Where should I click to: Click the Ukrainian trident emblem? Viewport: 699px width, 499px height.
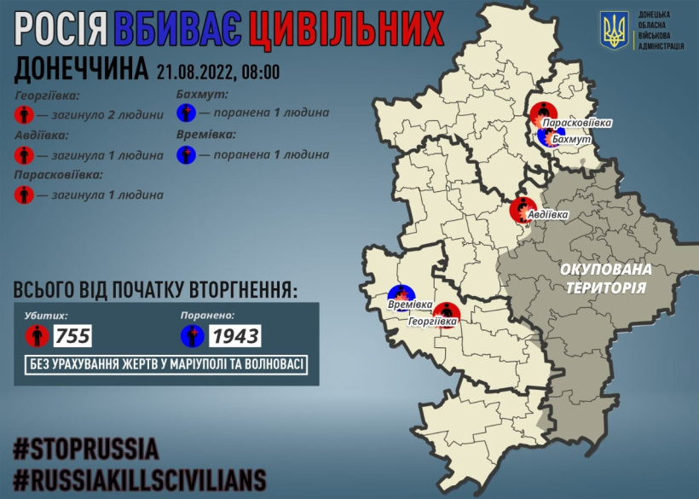click(x=614, y=30)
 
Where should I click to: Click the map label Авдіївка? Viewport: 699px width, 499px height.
click(x=548, y=215)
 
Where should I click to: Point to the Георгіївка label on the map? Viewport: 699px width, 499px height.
click(x=432, y=322)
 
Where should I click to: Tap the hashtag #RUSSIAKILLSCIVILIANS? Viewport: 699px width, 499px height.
click(x=139, y=478)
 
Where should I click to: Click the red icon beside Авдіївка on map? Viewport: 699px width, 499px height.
click(x=521, y=210)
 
